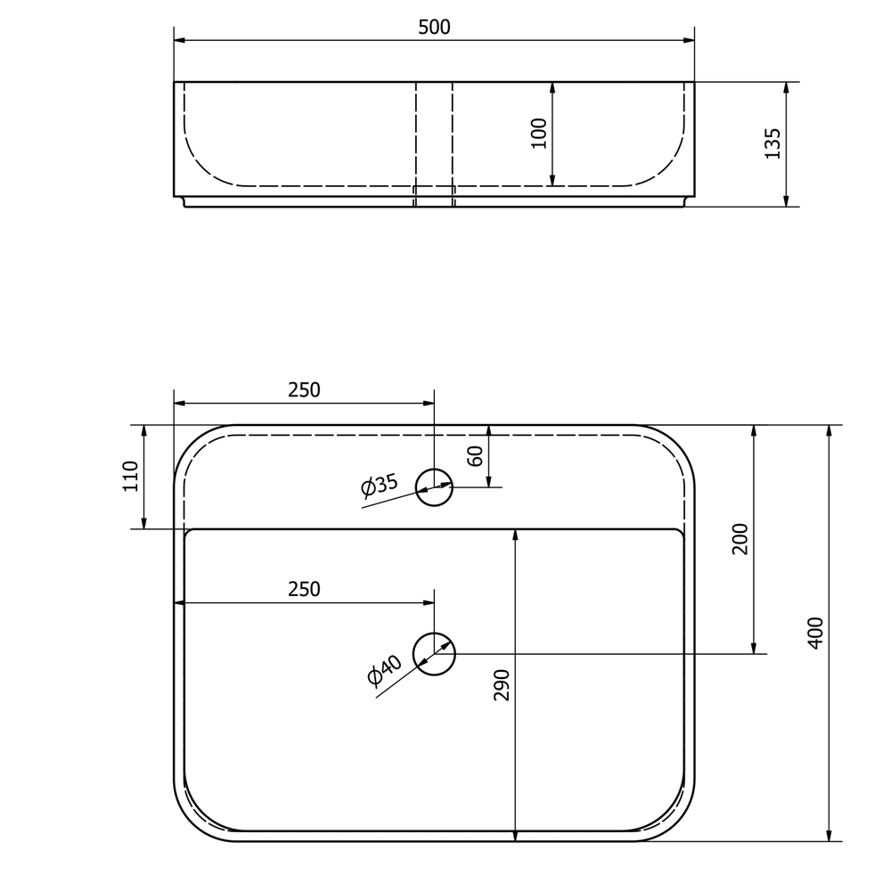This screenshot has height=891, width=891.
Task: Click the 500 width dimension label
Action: [x=434, y=27]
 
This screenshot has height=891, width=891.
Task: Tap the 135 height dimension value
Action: [x=772, y=143]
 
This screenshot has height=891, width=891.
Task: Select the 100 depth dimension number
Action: [x=539, y=133]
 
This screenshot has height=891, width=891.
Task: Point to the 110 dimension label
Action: [x=131, y=476]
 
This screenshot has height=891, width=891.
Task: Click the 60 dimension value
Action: [x=475, y=455]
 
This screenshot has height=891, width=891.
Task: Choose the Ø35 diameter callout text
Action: [x=380, y=486]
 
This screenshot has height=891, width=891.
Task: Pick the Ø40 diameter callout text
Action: [x=385, y=670]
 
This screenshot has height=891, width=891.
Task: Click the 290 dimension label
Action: [x=502, y=684]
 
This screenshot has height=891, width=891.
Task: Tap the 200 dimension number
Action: [x=740, y=539]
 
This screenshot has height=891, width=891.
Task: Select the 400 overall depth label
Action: [x=815, y=633]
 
